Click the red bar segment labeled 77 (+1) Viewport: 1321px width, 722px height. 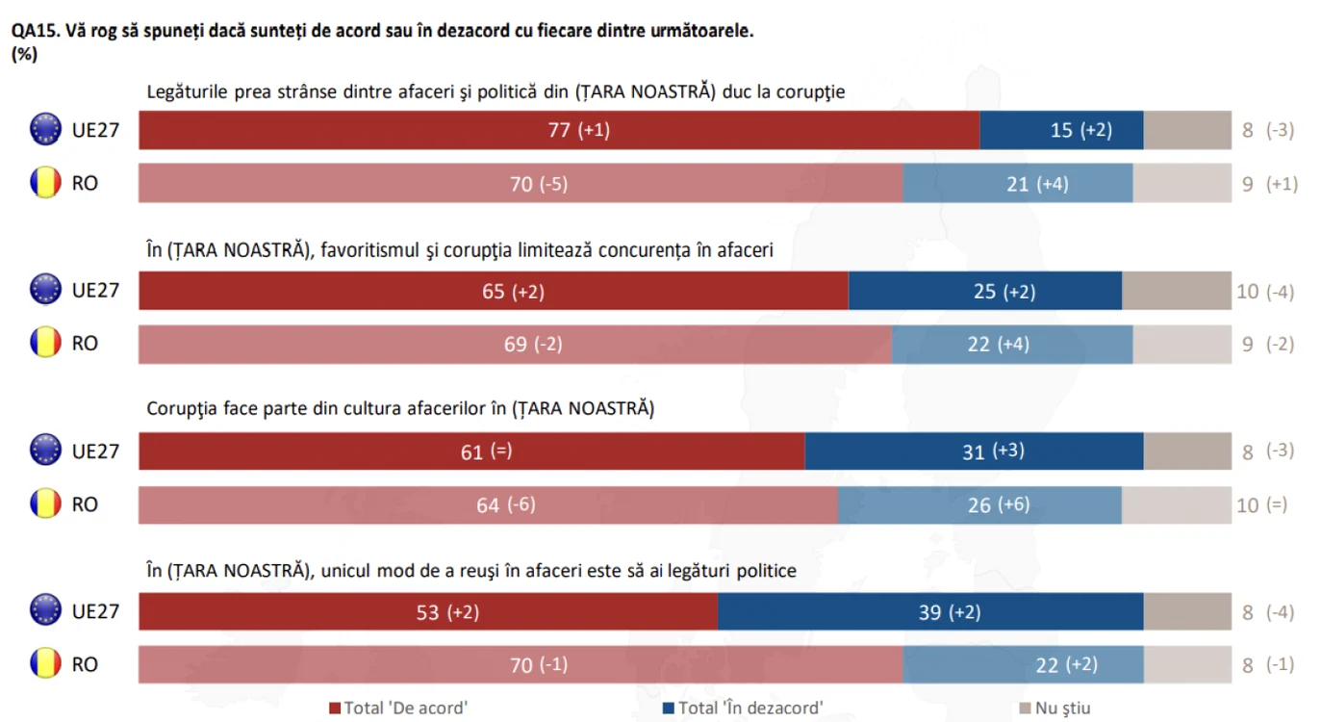click(x=559, y=130)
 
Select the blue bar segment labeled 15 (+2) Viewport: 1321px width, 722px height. click(x=1061, y=130)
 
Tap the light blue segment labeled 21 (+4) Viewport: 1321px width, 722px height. click(x=1017, y=184)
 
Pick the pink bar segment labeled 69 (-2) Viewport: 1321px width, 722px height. click(x=515, y=344)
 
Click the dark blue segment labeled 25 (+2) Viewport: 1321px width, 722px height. click(x=985, y=291)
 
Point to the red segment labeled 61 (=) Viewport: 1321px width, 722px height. click(x=471, y=451)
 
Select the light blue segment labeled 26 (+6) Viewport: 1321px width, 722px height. click(x=979, y=505)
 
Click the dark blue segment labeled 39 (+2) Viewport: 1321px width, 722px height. click(x=930, y=611)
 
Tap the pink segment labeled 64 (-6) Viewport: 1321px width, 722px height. click(x=489, y=505)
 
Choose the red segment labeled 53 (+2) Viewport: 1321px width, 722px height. click(x=428, y=611)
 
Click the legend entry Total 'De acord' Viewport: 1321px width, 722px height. click(x=398, y=708)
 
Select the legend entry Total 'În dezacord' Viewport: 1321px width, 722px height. click(x=743, y=708)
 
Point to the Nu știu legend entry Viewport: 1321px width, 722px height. click(x=1055, y=708)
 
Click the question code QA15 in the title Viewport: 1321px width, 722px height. click(x=36, y=31)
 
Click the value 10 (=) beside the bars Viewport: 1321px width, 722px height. click(x=1261, y=505)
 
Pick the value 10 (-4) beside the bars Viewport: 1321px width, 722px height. click(x=1265, y=292)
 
